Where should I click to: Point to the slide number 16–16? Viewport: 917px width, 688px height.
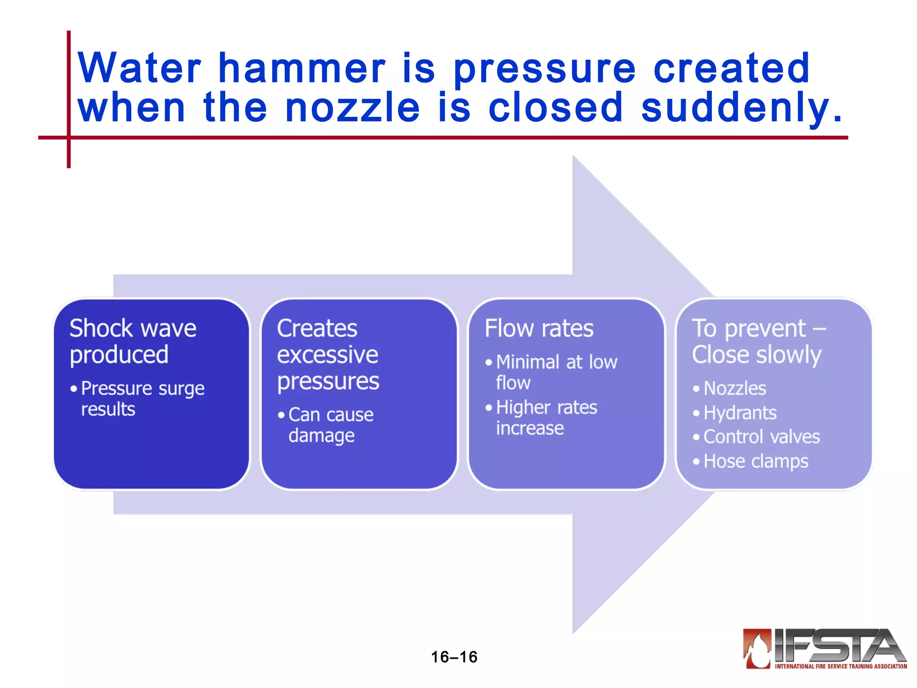(x=454, y=657)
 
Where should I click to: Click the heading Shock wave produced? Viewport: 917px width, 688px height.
(x=133, y=341)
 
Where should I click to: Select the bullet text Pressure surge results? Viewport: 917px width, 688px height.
(x=142, y=398)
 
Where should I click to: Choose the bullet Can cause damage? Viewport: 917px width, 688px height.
(x=330, y=425)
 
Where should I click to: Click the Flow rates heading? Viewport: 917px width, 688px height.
(x=539, y=328)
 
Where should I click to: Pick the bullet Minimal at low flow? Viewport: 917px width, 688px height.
(x=556, y=372)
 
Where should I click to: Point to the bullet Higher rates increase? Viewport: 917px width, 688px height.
(x=546, y=417)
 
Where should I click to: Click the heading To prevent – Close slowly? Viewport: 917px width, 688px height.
(x=758, y=341)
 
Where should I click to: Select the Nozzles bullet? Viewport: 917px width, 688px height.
(x=734, y=388)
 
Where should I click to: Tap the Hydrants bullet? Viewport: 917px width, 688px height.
(x=740, y=413)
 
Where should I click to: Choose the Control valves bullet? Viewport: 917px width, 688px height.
(x=761, y=437)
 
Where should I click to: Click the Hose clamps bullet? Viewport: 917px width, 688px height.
(x=756, y=461)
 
